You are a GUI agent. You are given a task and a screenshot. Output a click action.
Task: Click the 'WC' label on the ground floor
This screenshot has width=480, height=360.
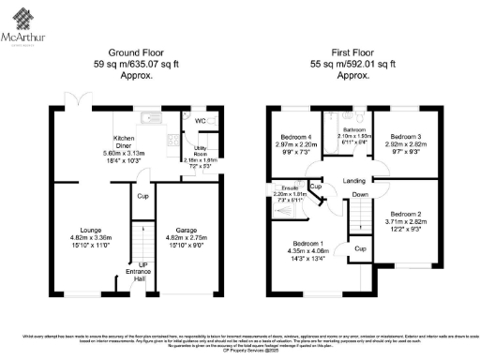coord(201,122)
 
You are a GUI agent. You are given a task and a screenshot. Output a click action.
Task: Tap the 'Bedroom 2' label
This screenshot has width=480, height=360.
coord(408,213)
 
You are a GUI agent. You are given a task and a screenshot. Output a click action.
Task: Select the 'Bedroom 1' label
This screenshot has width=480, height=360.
coord(307,243)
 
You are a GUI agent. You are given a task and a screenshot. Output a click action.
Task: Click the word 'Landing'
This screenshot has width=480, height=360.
coord(353,180)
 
